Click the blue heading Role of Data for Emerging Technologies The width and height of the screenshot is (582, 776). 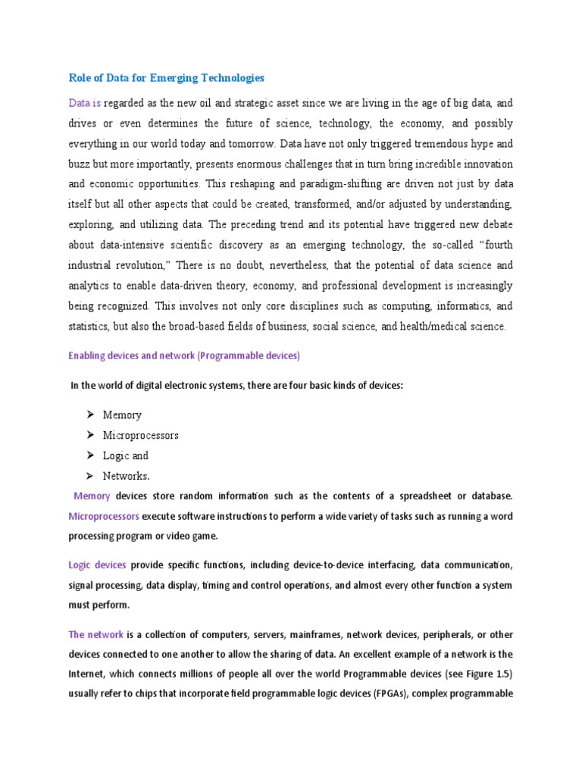(167, 77)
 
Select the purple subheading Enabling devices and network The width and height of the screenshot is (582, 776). (184, 355)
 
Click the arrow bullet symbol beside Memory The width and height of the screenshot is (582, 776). (89, 415)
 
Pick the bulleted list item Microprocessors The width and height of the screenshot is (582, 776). (141, 436)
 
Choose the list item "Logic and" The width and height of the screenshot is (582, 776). (126, 456)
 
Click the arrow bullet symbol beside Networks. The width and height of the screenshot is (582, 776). (89, 476)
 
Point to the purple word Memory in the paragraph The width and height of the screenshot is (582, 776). (92, 496)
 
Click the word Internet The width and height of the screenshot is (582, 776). (89, 674)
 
